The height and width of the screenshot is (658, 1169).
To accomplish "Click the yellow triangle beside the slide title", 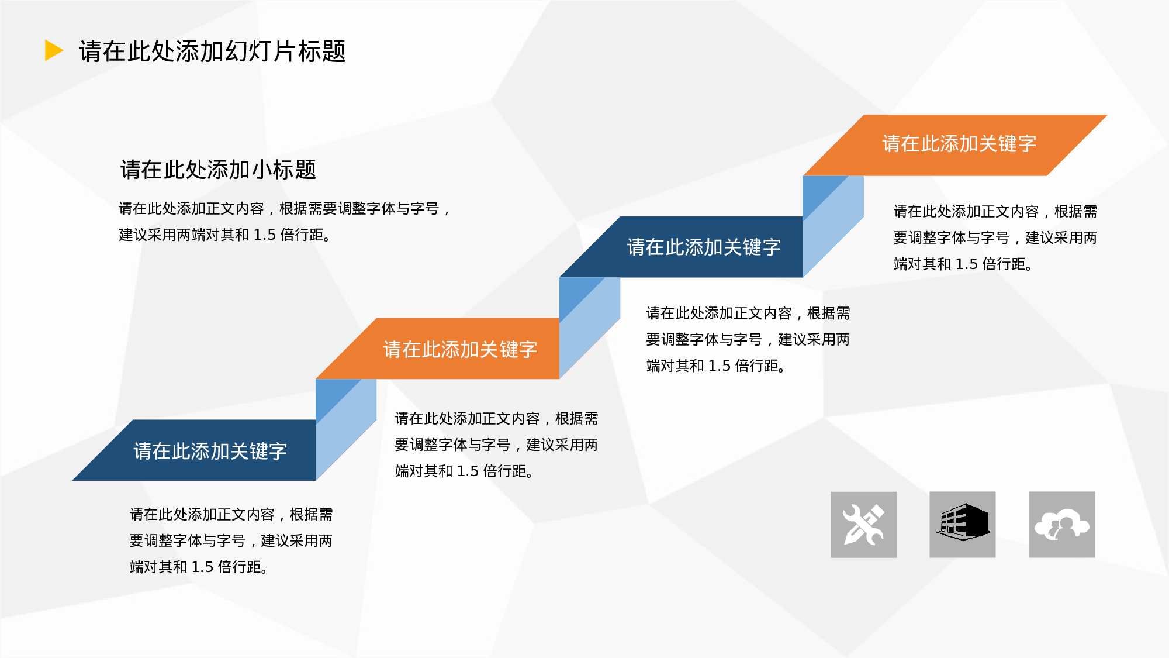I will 53,50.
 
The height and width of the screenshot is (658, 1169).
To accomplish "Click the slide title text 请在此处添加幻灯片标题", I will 212,51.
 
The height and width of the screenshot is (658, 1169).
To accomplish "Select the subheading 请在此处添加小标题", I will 218,170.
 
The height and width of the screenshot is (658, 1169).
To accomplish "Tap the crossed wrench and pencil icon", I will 863,525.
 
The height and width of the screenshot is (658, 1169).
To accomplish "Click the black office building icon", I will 962,522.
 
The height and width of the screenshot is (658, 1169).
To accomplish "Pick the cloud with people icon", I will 1061,525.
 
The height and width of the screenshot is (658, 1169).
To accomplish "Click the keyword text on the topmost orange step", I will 959,144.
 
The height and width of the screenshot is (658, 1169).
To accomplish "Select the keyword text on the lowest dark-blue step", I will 210,451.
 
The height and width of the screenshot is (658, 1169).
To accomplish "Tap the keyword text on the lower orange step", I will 460,349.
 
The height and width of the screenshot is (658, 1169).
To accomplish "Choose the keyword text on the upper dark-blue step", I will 704,247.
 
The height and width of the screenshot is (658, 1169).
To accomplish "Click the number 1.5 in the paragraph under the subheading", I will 264,235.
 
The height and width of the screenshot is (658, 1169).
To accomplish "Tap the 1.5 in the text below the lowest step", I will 202,567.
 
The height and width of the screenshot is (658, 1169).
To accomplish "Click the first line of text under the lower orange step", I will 496,419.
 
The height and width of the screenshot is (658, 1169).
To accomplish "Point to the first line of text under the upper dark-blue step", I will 748,314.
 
